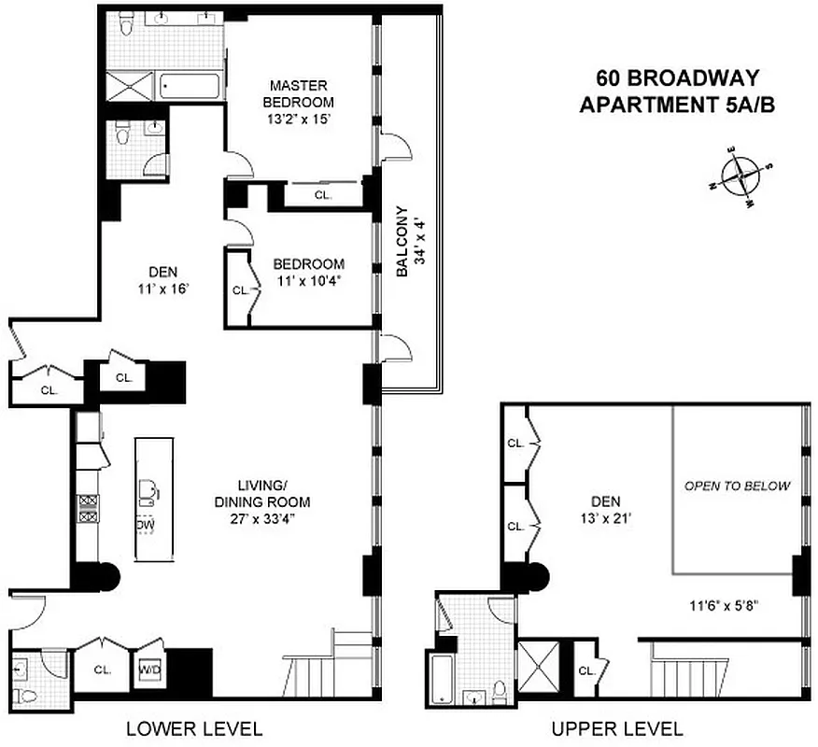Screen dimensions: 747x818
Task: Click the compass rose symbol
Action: coord(740,175)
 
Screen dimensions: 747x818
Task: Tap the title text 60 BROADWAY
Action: coord(677,78)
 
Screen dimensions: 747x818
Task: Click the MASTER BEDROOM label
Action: coord(298,93)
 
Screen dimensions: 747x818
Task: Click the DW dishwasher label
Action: coord(145,525)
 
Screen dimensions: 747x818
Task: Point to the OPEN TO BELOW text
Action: coord(737,486)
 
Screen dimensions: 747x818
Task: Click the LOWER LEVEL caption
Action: coord(194,728)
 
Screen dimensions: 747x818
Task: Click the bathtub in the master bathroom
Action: coord(190,86)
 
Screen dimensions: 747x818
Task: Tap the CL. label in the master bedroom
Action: coord(323,196)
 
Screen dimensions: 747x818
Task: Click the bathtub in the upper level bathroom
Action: coord(441,682)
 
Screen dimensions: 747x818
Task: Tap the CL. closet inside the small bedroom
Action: coord(239,289)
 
